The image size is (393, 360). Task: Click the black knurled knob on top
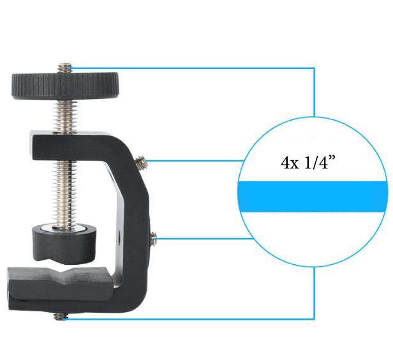(64, 86)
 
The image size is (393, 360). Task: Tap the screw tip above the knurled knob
(64, 68)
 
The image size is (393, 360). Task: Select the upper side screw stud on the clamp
(141, 161)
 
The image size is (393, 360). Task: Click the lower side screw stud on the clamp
(153, 238)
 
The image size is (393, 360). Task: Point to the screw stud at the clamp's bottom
(61, 317)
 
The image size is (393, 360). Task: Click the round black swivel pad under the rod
(64, 244)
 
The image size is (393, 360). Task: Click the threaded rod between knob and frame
(64, 116)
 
